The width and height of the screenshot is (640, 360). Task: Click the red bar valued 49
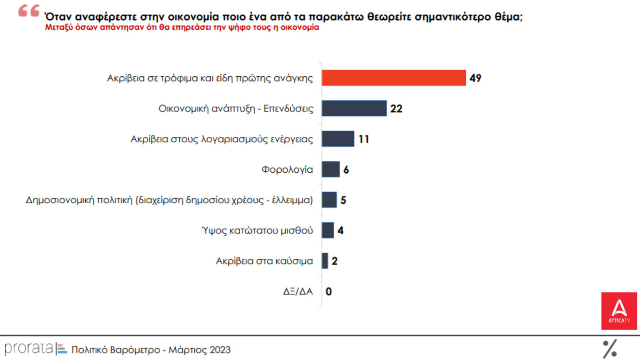[393, 78]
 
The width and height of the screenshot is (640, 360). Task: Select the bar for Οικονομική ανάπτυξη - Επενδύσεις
[354, 108]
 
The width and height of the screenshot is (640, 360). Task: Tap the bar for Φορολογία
[330, 169]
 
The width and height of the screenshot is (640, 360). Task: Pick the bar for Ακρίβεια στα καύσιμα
[325, 261]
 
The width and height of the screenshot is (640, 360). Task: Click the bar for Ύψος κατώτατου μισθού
[328, 230]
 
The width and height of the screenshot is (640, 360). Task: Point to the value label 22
[396, 109]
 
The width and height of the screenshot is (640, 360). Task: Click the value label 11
[363, 139]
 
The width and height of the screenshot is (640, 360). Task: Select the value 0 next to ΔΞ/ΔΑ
[328, 291]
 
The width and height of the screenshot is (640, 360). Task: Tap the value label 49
[475, 78]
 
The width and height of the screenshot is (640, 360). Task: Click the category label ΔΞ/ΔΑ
[297, 291]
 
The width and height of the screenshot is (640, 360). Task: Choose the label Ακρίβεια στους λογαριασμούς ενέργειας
[221, 139]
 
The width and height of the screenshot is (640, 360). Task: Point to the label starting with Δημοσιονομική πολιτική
[169, 200]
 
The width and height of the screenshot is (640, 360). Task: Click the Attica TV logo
[619, 311]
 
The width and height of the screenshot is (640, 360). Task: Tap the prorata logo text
[28, 349]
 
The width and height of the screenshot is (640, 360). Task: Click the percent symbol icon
[610, 348]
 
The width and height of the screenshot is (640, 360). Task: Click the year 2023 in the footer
[221, 350]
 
